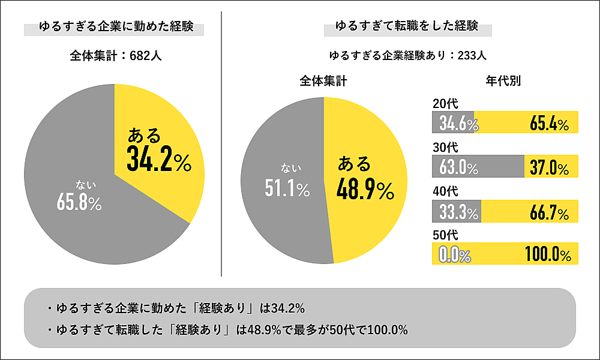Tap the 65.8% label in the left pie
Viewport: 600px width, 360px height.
coord(79,203)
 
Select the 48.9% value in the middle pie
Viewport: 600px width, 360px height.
coord(365,190)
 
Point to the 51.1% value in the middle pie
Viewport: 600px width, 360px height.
coord(287,190)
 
